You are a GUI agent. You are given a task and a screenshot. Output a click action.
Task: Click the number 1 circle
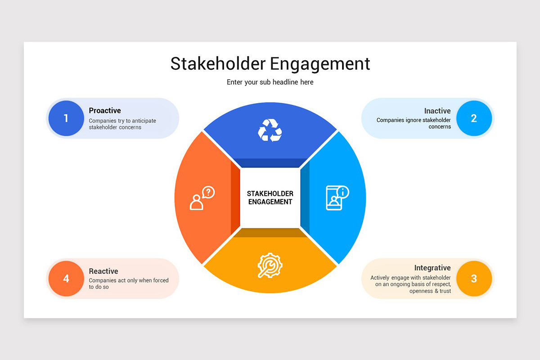point(66,118)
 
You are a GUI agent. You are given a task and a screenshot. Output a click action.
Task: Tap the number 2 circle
point(474,118)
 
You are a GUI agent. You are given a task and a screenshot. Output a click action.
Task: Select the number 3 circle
point(474,279)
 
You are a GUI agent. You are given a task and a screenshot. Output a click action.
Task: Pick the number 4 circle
point(66,279)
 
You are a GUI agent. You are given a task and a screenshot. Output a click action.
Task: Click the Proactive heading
point(105,111)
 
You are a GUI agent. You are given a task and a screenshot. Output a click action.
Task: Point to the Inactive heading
point(437,111)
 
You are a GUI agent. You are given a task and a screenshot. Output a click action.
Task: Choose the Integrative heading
point(432,268)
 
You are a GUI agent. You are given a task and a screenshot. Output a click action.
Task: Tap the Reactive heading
point(103,271)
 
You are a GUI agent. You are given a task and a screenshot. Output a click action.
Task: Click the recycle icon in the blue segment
point(270,130)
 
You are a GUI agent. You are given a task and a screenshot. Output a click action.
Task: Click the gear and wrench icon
point(270,265)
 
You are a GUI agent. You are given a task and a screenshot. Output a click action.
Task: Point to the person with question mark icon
point(202,198)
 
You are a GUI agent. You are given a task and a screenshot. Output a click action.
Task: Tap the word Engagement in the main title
point(320,64)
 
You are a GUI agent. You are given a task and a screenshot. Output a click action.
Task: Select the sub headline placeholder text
point(270,82)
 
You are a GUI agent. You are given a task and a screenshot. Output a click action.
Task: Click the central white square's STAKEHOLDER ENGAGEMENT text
point(270,198)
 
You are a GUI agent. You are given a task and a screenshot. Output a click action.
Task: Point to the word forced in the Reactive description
point(161,281)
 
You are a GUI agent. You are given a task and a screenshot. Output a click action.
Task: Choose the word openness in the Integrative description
point(421,291)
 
